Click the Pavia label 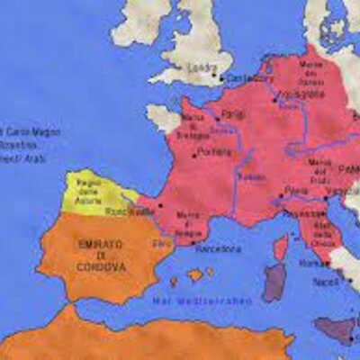pyautogui.click(x=296, y=190)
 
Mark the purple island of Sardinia pyautogui.click(x=274, y=282)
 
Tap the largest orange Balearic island pyautogui.click(x=194, y=274)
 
